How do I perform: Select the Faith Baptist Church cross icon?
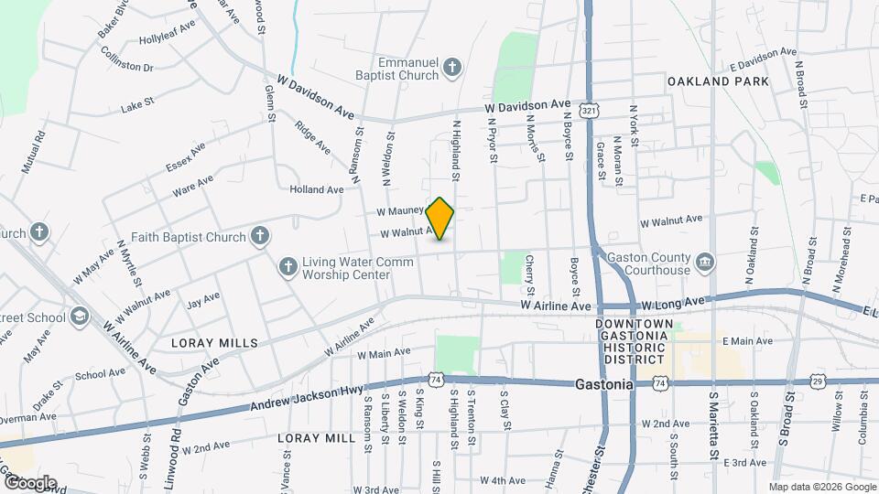coord(259,237)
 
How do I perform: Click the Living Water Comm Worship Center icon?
coord(288,266)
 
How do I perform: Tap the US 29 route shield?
coord(817,381)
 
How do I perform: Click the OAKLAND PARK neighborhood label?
coord(718,81)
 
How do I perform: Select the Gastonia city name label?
coord(604,385)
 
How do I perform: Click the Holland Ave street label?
coord(316,189)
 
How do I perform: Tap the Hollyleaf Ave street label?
coord(168,40)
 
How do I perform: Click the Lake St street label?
coord(136,109)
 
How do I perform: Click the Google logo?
coord(29,483)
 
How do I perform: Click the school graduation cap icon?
coord(80,317)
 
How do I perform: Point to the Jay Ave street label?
coord(202,299)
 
